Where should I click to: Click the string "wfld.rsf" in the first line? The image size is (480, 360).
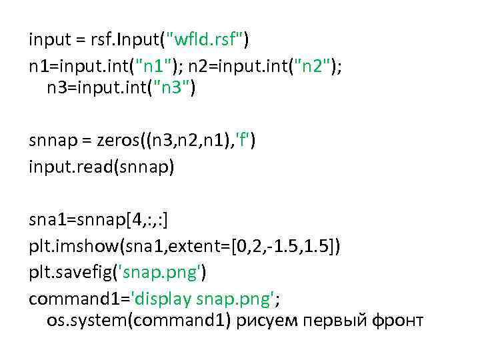click(207, 41)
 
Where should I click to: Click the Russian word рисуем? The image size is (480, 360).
click(263, 321)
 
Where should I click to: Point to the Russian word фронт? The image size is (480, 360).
click(397, 321)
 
